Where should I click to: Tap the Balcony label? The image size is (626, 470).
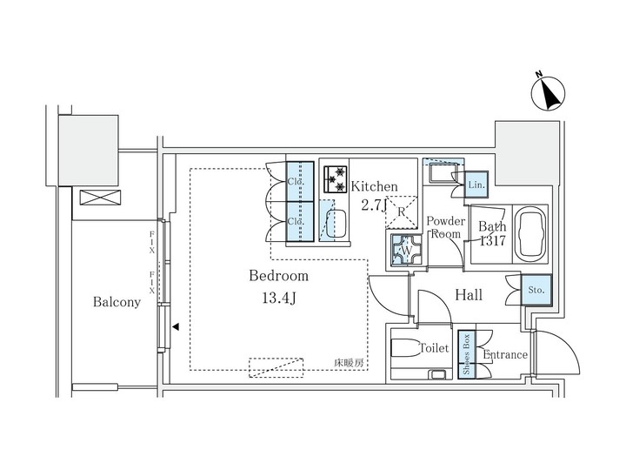coord(116,303)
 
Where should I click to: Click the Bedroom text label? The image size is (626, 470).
coord(278,276)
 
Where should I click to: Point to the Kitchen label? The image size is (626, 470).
coord(374,186)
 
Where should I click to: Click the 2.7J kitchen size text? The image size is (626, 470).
coord(373,205)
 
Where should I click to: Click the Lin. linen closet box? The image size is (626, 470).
coord(476,185)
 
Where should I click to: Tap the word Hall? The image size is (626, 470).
coord(469,296)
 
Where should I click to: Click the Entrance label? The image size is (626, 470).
coord(505,354)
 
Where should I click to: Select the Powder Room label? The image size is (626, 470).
coord(445,228)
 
